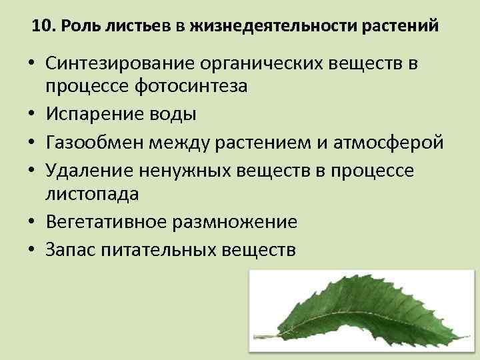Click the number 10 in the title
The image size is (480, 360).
point(41,27)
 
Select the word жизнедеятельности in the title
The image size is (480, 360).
point(266,27)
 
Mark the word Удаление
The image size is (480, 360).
point(91,171)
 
